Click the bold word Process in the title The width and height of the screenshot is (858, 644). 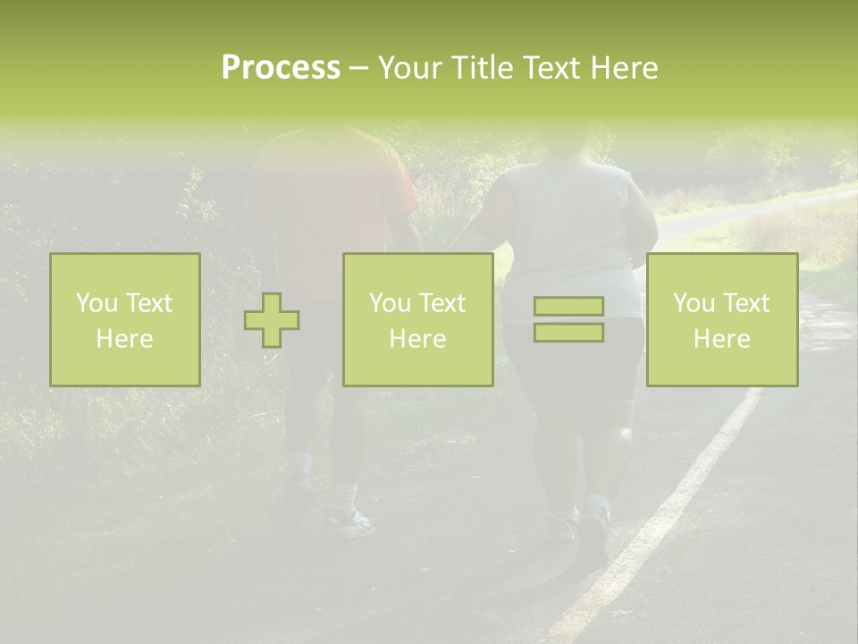(281, 68)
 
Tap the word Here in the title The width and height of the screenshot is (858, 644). (623, 68)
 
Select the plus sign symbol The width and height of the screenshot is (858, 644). (272, 320)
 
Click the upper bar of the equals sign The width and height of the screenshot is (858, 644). (568, 307)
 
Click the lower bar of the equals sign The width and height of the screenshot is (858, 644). (568, 333)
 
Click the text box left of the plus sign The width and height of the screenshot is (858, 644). (125, 320)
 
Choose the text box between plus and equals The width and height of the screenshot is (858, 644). (417, 320)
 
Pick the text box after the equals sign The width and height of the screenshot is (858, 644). (722, 320)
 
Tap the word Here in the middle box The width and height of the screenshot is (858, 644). (417, 339)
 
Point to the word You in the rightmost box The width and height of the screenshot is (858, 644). (694, 303)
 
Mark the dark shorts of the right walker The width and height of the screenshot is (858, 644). (572, 358)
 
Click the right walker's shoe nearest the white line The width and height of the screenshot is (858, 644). (592, 537)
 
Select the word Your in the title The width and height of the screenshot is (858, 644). (411, 68)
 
